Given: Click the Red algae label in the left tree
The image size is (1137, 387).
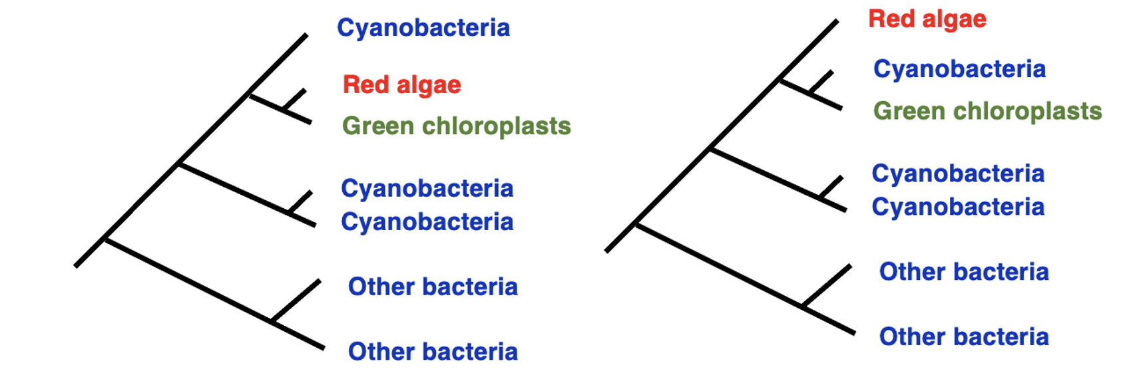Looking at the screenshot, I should [x=401, y=85].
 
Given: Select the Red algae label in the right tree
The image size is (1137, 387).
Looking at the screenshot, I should [x=927, y=19].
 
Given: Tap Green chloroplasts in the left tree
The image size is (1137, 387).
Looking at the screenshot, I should [x=456, y=126].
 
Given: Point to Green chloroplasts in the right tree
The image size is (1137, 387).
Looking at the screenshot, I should [x=987, y=111].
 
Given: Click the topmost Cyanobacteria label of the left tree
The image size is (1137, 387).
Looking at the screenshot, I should [x=423, y=28].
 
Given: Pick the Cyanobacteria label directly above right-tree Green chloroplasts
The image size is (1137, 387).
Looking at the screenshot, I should [x=959, y=69].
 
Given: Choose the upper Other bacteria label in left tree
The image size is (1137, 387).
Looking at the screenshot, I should [x=433, y=287].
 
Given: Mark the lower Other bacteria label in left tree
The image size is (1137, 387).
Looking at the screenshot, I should [x=433, y=352].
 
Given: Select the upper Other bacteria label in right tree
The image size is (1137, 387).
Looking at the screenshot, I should [x=963, y=272].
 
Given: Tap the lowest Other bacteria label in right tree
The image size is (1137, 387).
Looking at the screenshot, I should [x=963, y=337].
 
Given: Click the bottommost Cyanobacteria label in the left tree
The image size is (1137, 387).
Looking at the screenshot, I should [x=427, y=222].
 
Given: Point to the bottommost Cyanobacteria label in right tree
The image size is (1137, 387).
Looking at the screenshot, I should [x=957, y=207].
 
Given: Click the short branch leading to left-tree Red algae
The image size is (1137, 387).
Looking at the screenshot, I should [x=294, y=100].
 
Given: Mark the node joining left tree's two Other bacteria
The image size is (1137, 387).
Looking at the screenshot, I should [x=272, y=322].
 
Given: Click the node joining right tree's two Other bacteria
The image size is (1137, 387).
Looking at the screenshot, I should [x=803, y=307].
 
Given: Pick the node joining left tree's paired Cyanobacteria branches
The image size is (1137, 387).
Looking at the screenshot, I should [x=290, y=213].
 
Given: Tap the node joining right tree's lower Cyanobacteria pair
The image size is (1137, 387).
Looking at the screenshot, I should [x=821, y=197].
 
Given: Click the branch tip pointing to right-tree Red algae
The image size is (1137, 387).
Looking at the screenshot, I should [x=837, y=22].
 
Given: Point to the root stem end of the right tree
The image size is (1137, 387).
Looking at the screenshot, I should [x=606, y=251].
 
